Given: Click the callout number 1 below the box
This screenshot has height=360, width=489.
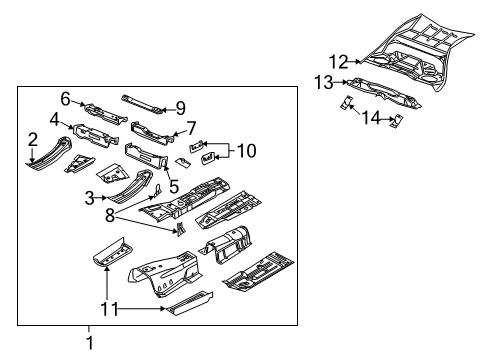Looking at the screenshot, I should coord(88,345).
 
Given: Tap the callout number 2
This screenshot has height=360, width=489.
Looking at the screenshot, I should coord(33,139).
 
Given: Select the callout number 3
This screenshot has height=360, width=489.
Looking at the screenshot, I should coord(90,198).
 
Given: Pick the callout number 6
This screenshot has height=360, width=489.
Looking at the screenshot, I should coord(65,98).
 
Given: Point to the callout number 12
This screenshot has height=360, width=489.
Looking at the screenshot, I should coord(340,62).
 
